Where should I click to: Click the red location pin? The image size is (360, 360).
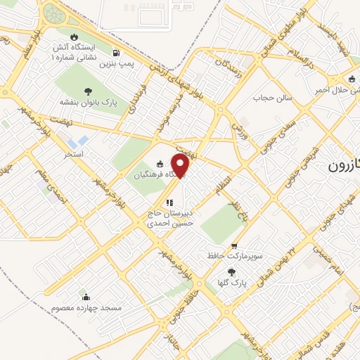181,165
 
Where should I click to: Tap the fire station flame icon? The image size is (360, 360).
75,37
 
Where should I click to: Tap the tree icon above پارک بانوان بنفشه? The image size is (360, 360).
88,91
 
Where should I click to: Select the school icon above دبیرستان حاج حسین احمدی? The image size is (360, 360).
168,203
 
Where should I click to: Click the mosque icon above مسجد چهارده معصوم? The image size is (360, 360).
86,297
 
